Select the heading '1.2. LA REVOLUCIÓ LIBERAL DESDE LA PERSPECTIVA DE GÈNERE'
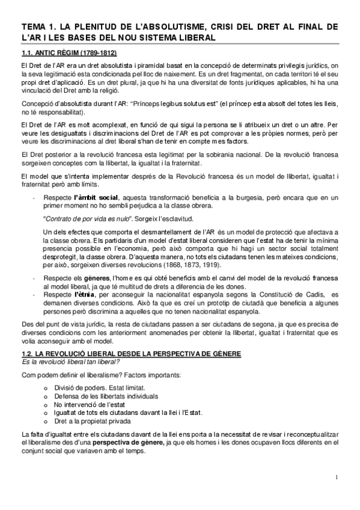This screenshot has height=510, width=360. (130, 354)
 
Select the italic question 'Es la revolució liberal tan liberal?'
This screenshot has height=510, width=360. (67, 362)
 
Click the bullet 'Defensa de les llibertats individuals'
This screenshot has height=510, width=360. (107, 397)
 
